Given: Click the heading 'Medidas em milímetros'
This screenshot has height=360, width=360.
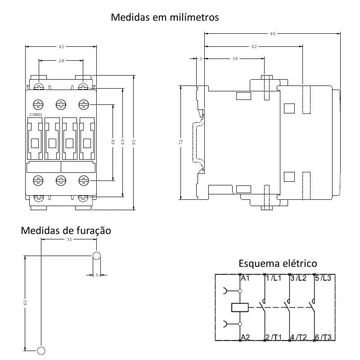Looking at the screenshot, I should (x=165, y=18).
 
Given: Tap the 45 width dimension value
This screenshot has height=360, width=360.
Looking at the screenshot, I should (x=61, y=46).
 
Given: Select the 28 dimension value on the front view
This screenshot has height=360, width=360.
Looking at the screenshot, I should (x=61, y=60).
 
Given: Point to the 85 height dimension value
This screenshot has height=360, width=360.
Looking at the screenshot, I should (x=134, y=142).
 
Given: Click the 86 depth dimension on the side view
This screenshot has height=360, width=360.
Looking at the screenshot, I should (x=273, y=33).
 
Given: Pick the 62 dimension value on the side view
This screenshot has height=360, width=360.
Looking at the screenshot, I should (x=254, y=46).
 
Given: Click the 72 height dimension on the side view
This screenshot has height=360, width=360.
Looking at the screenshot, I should (x=180, y=141).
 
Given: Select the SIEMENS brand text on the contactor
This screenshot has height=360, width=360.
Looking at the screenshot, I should (x=36, y=115).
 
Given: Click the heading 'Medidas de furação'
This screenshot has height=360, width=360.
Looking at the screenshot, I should (x=66, y=231).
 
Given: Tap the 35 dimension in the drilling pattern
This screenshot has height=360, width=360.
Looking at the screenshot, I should (x=69, y=240).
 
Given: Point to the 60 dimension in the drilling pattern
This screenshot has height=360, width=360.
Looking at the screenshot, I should (x=25, y=302).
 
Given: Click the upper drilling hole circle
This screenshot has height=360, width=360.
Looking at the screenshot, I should (x=96, y=256).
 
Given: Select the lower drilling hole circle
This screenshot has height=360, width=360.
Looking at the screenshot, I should (x=41, y=351).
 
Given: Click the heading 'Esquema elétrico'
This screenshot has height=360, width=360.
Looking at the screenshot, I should (x=278, y=263).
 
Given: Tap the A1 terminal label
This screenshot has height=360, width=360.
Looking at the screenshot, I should (x=245, y=278).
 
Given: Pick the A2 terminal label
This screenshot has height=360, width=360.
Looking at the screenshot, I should (x=245, y=337).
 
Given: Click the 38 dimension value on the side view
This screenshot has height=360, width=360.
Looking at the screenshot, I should (x=234, y=58).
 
